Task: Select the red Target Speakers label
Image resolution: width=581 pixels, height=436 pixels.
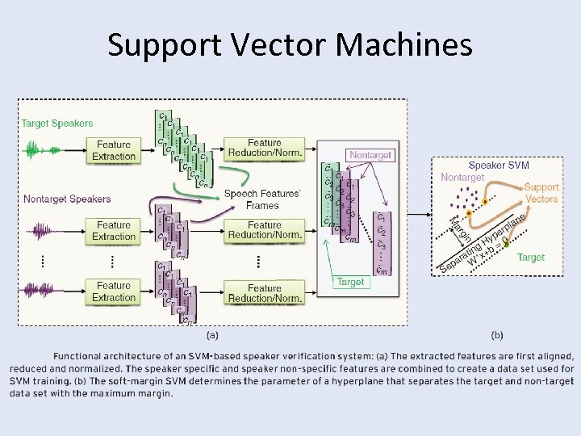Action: point(57,124)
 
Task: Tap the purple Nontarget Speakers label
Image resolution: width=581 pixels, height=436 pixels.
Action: point(67,199)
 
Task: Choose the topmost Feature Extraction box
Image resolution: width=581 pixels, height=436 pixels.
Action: point(114,150)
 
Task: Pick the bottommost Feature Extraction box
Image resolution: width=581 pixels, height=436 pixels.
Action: point(114,291)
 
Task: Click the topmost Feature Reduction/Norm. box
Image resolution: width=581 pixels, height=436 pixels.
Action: point(265,149)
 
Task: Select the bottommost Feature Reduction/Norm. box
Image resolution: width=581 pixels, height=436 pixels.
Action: point(265,293)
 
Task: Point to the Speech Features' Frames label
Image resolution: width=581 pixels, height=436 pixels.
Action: point(262,199)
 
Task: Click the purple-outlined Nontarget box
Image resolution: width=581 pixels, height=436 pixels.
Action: point(370,154)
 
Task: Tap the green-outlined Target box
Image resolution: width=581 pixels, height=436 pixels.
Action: point(350,282)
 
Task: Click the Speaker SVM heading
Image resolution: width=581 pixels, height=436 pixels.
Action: point(499,165)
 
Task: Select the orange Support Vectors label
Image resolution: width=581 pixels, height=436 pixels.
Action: point(541,193)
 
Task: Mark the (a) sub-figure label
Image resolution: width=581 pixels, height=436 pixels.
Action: point(212,335)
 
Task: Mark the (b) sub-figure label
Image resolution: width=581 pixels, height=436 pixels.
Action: point(498,335)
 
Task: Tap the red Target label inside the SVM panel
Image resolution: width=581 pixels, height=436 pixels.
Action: point(530,258)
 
